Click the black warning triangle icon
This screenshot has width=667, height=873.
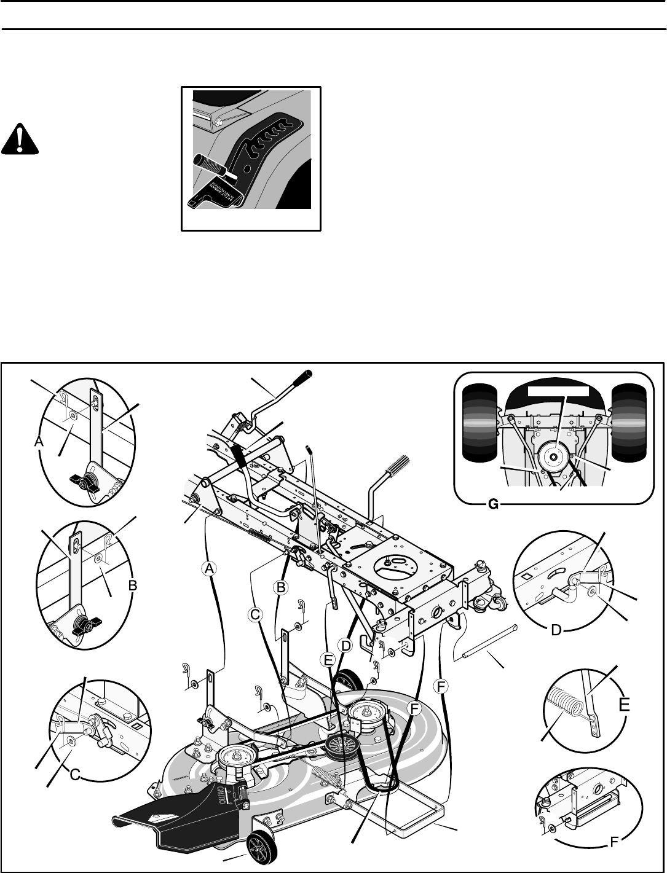pos(20,141)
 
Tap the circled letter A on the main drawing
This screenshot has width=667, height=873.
pos(210,570)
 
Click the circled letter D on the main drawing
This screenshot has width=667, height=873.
pos(346,646)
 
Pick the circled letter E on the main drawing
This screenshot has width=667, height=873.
pos(328,660)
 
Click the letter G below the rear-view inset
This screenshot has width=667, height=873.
pos(492,504)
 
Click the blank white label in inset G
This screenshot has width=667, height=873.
pos(558,390)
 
